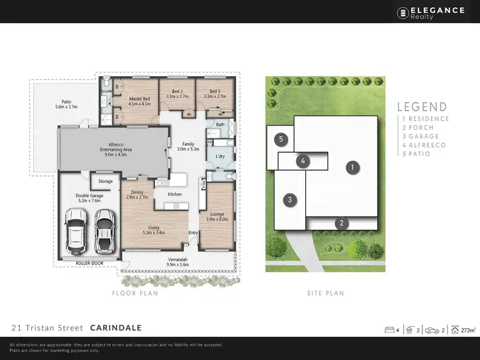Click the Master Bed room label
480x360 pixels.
point(139,101)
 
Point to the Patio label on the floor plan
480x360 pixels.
point(66,104)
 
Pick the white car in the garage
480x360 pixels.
point(76,233)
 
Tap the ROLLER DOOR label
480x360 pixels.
point(88,262)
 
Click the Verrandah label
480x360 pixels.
point(178,262)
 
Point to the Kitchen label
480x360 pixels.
point(175,194)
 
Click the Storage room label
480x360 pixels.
point(106,182)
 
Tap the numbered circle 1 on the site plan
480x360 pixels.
point(351,168)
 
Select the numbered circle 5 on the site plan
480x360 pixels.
point(280,139)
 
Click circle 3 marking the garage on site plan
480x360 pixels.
point(290,200)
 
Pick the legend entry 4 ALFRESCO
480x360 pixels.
point(425,145)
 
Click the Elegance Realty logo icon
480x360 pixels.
point(403,12)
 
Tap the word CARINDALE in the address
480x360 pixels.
point(116,328)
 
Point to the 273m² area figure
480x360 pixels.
point(468,330)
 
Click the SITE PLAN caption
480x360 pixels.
point(325,293)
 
